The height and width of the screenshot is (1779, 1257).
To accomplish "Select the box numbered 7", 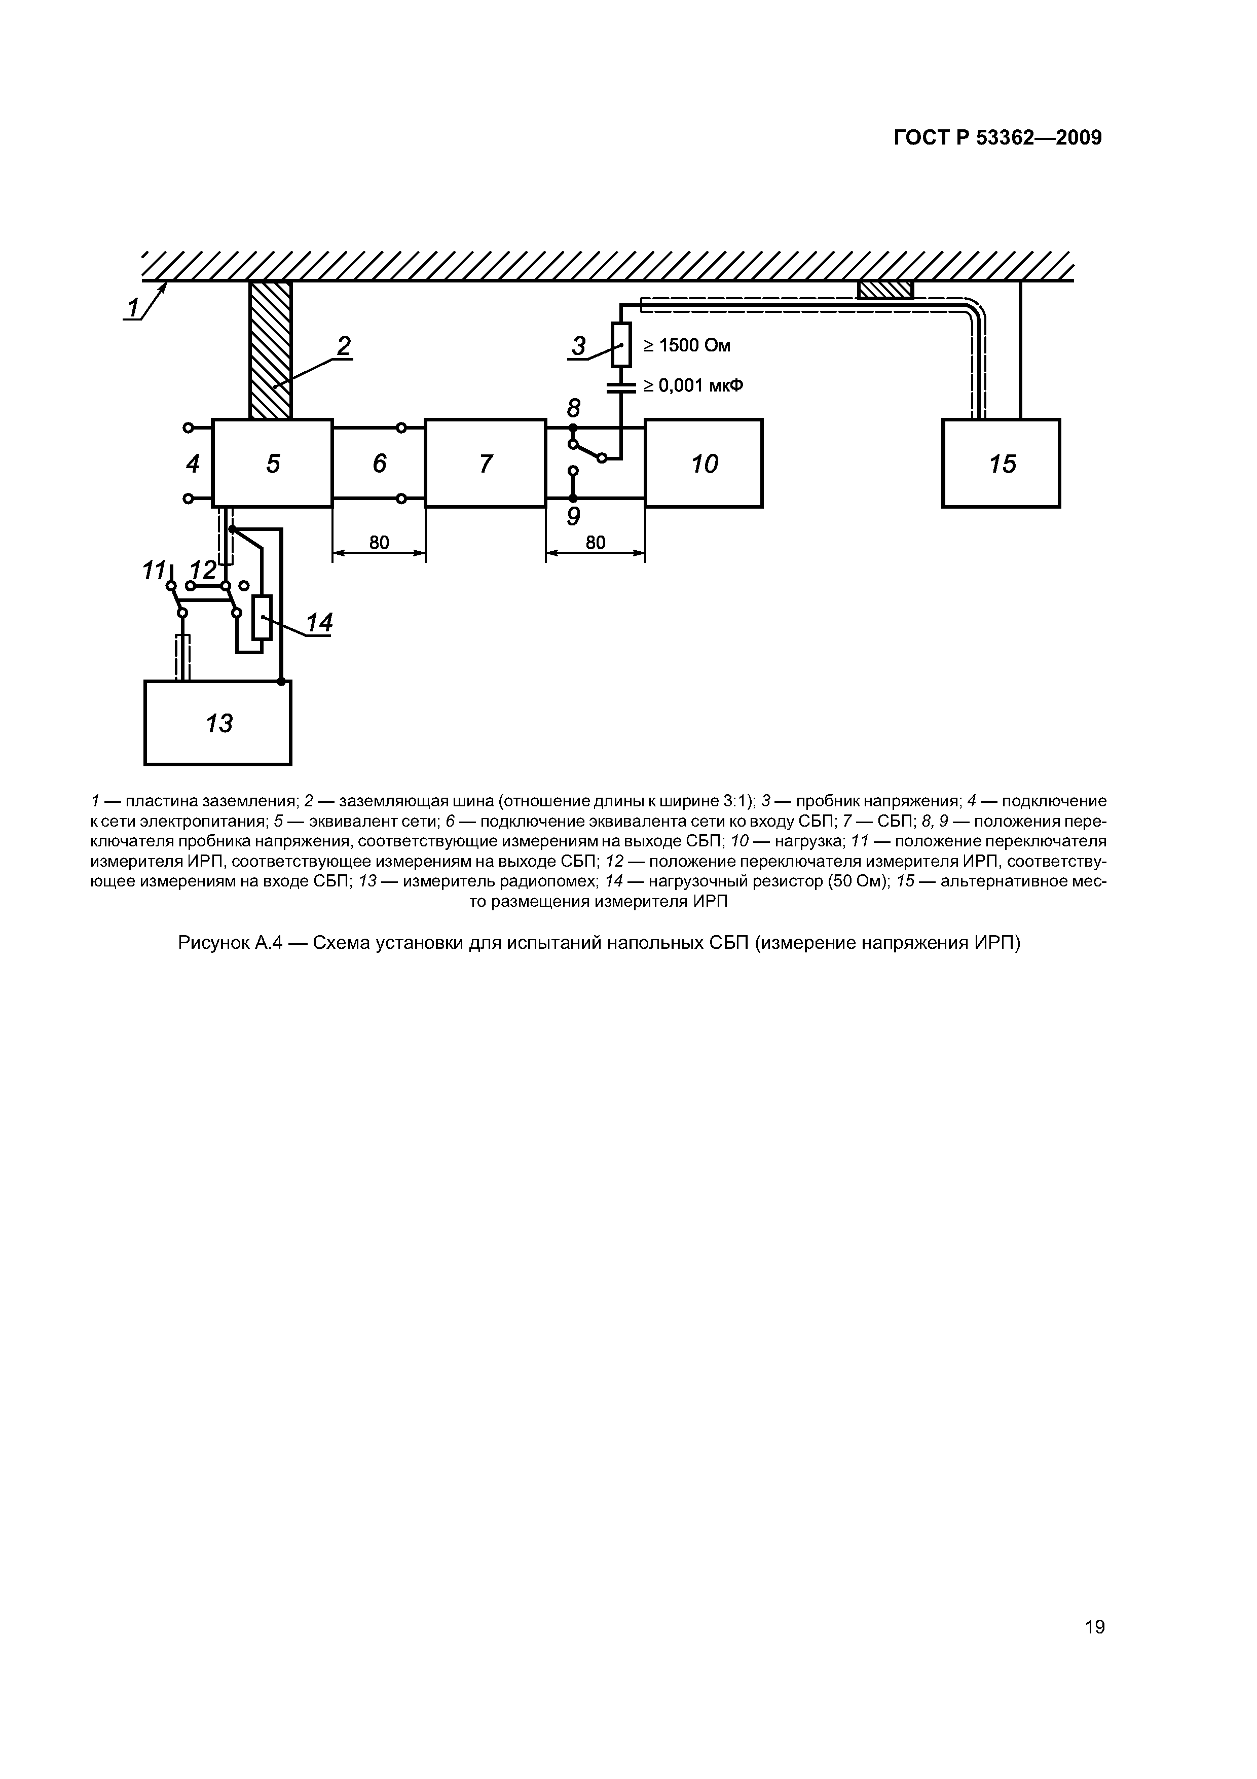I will point(485,464).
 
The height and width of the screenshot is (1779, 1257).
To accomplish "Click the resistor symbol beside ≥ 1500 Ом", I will point(621,345).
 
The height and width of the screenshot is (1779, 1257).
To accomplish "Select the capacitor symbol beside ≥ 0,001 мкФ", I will point(621,387).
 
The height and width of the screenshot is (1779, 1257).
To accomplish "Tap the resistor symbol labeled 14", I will point(263,618).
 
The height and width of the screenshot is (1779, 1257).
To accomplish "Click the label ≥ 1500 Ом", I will point(687,345).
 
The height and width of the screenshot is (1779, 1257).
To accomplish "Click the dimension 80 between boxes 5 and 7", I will point(379,543).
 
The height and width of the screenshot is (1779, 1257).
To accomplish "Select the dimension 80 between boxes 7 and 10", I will point(595,543).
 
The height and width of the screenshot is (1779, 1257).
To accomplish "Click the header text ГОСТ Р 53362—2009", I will point(997,138).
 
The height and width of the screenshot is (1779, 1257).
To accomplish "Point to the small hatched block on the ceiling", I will point(885,290).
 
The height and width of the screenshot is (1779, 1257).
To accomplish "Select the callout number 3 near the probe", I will point(578,346).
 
